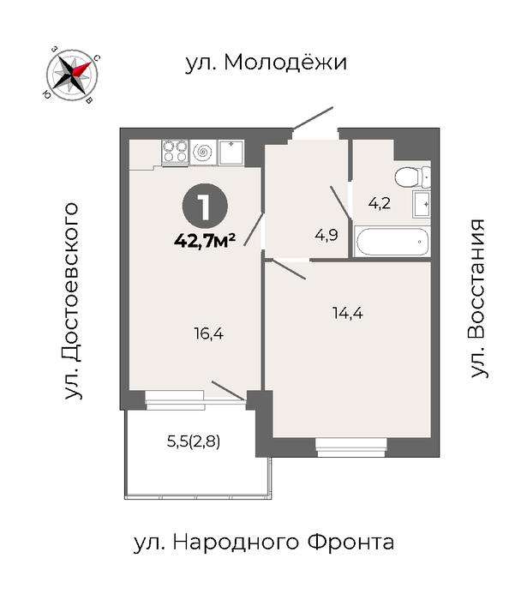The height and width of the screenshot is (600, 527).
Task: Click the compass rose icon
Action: [x=72, y=75]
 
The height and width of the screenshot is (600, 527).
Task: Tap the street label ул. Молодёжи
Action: [x=266, y=62]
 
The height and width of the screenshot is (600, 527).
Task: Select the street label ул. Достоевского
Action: [x=72, y=301]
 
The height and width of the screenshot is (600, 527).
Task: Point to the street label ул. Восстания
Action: [x=478, y=298]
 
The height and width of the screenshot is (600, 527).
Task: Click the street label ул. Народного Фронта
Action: [x=264, y=543]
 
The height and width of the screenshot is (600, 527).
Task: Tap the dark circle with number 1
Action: [x=205, y=207]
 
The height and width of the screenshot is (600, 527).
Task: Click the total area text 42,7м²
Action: [x=205, y=241]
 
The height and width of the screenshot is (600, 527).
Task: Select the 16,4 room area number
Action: [x=208, y=334]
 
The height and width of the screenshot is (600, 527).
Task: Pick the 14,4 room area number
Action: [x=348, y=314]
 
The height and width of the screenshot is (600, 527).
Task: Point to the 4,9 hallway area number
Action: [x=326, y=235]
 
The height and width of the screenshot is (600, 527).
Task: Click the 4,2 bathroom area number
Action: [x=380, y=203]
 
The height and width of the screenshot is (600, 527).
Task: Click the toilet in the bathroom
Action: [x=413, y=178]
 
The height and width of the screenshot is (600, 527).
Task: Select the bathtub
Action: [x=392, y=242]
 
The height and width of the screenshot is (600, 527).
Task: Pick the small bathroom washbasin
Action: [x=422, y=204]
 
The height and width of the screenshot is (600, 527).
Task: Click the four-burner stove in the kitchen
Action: [x=175, y=152]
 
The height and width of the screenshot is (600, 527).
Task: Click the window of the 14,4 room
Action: [x=350, y=447]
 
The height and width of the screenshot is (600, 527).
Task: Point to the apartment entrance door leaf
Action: [x=314, y=117]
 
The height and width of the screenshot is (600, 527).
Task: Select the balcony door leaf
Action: [x=229, y=391]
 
